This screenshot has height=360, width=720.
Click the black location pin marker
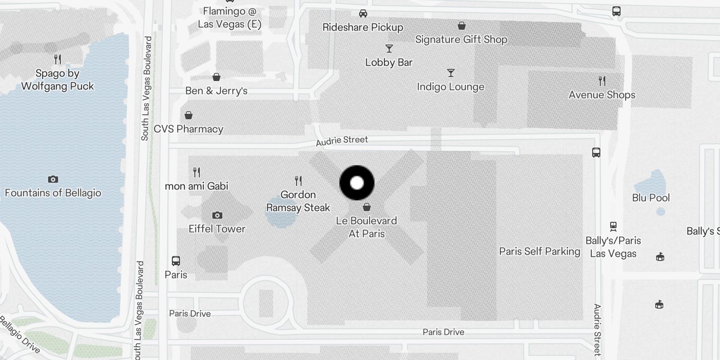point(357,183)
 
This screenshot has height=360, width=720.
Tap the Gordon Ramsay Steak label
point(298,201)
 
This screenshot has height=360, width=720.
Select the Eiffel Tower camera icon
point(217,215)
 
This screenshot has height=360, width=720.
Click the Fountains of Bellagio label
point(53,193)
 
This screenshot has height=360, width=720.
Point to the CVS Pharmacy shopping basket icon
point(189,115)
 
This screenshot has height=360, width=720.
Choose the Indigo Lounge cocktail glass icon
point(450,73)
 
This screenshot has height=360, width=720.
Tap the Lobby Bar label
point(389,63)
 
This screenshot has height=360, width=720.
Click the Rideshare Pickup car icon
point(363,13)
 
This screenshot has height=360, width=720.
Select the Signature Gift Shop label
point(461,40)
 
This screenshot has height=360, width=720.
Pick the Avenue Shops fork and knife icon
point(602,81)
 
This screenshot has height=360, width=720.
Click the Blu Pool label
point(651,198)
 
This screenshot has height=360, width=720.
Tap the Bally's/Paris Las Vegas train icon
point(613,226)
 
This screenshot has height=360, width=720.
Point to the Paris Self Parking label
point(540,252)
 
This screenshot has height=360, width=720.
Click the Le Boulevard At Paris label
point(367,227)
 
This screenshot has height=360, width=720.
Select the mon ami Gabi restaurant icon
point(197,172)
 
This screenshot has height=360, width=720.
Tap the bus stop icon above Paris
point(176,261)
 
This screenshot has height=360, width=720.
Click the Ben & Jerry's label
point(216,91)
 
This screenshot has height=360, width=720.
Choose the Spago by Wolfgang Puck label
point(58,80)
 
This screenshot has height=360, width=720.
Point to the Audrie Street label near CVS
point(342,141)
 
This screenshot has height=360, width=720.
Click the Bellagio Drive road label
point(20,334)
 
